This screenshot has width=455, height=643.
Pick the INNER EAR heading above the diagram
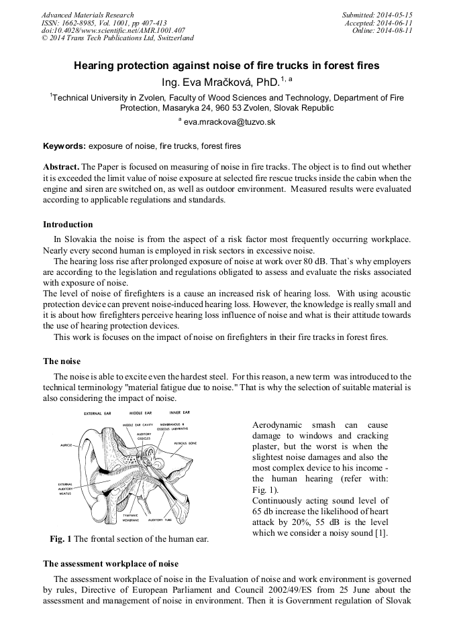coord(180,412)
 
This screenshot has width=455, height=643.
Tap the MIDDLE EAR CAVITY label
coord(138,425)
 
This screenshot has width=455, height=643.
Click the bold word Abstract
coord(61,166)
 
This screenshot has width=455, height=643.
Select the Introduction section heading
coord(68,225)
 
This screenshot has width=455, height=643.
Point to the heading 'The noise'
coord(62,361)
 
